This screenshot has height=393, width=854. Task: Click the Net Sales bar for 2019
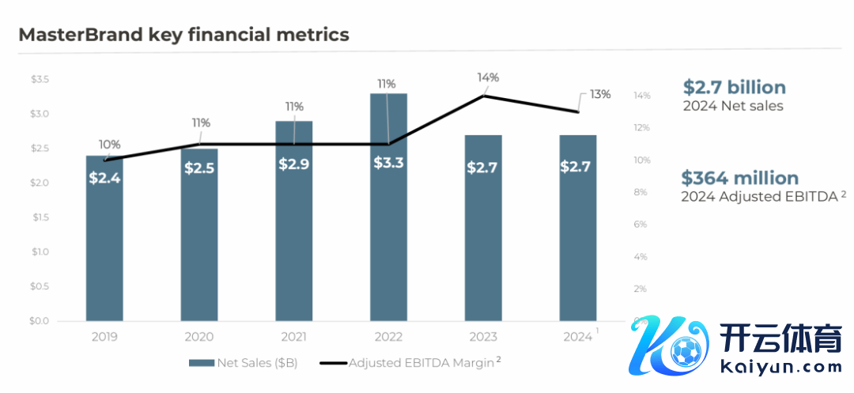104,237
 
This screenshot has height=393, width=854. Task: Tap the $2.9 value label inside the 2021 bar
294,164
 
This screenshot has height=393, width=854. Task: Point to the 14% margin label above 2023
488,77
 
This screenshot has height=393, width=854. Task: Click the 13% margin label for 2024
600,94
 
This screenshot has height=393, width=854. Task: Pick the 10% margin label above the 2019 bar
110,145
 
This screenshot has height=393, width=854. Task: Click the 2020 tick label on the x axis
199,337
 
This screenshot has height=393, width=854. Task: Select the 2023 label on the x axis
483,337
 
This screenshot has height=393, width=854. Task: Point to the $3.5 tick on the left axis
40,80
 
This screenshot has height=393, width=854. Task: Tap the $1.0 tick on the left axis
40,252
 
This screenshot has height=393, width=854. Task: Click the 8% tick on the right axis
641,192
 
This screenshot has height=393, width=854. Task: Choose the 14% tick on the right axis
641,96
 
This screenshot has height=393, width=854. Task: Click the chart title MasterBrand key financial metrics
183,35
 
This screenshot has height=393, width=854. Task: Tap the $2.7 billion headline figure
734,87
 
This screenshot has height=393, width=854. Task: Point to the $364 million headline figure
739,178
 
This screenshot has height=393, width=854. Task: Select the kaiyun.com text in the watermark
782,368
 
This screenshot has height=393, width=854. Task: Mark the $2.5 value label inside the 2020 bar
199,168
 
